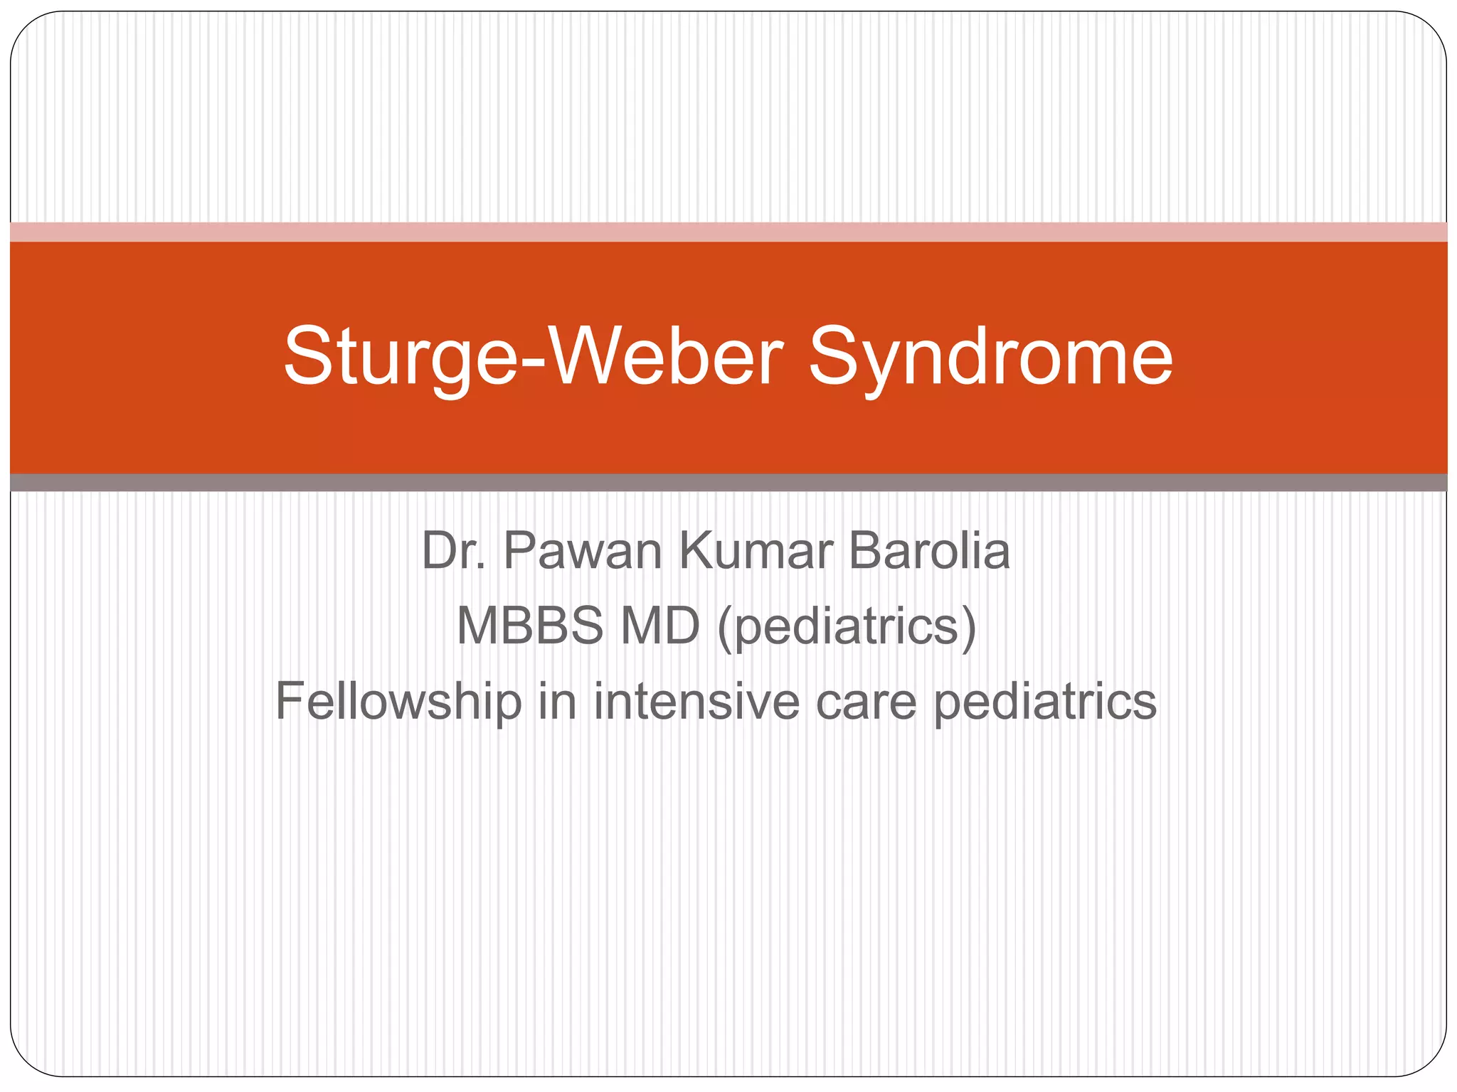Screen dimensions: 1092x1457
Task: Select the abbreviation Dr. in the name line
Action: click(x=454, y=551)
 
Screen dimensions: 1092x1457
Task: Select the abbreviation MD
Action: click(x=660, y=626)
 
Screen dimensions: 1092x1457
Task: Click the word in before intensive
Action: click(x=557, y=701)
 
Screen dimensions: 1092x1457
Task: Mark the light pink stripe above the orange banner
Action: click(x=728, y=232)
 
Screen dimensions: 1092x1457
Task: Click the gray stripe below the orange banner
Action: click(x=728, y=483)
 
